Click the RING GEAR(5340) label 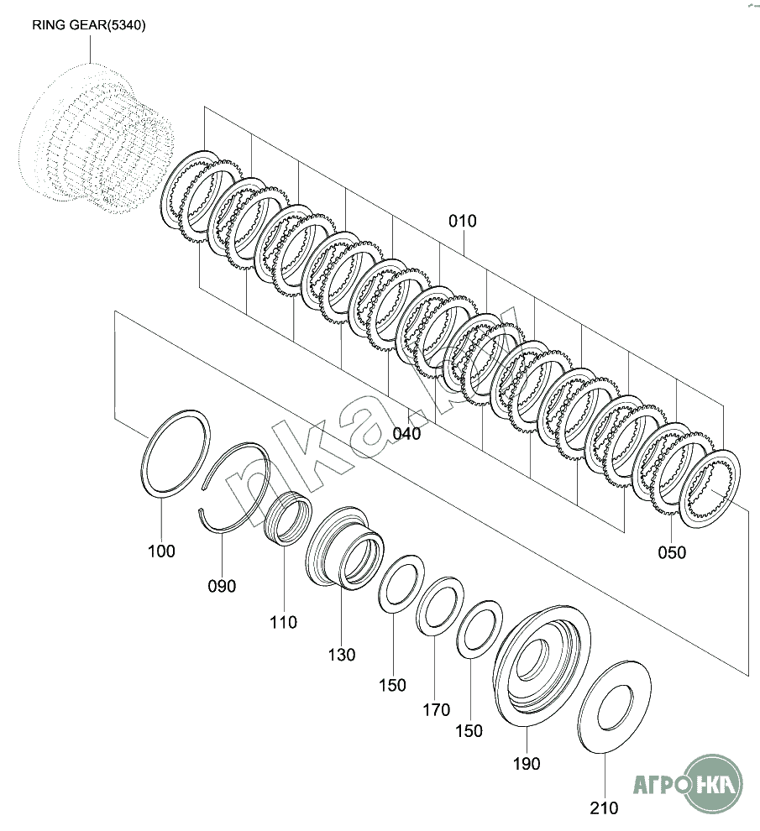(x=89, y=25)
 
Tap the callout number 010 (x=462, y=222)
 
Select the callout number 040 (x=406, y=434)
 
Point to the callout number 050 (x=671, y=552)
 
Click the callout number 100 (x=161, y=551)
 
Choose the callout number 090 (x=222, y=586)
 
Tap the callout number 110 (x=283, y=623)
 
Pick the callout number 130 (x=341, y=655)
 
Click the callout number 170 (x=436, y=710)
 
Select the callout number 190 (x=527, y=764)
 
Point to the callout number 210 (x=604, y=808)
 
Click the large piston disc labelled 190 (x=542, y=663)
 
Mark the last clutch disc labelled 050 (x=710, y=489)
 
